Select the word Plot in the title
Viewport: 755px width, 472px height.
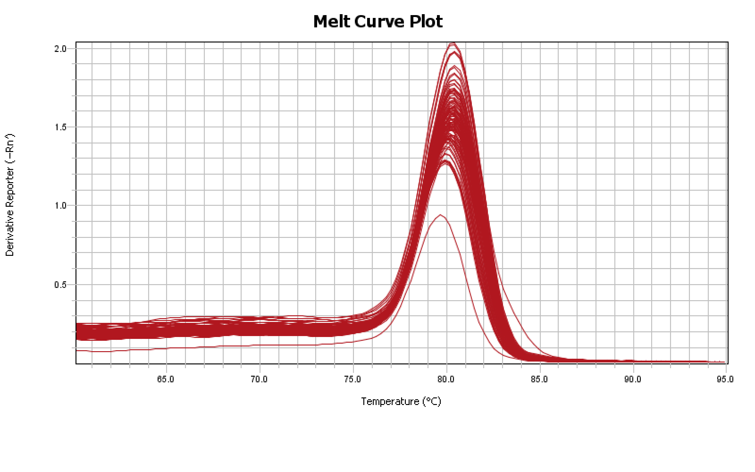tap(426, 22)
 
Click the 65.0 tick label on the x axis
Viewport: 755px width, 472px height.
tap(166, 379)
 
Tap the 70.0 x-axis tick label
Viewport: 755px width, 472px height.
tap(259, 379)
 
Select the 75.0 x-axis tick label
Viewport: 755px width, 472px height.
tap(352, 379)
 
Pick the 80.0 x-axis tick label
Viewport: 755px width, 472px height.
tap(446, 379)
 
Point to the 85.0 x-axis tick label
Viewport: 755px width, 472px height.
tap(539, 379)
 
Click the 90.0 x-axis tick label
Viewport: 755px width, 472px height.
tap(632, 379)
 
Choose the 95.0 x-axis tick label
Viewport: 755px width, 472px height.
tap(725, 379)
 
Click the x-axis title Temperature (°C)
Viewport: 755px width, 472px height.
tap(401, 401)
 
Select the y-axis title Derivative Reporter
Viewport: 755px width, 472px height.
tap(10, 195)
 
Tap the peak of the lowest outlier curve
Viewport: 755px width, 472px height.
tap(440, 215)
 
